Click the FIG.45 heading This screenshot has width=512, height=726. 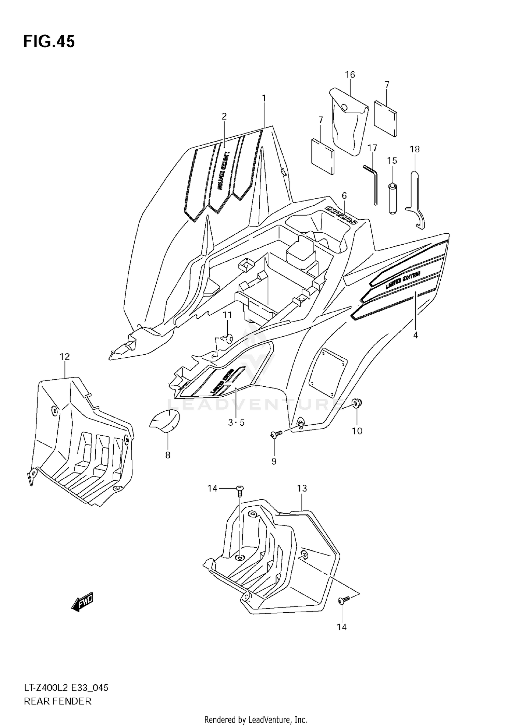(49, 42)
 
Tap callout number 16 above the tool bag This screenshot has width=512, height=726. (350, 74)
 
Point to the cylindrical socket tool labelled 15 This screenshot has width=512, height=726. (393, 198)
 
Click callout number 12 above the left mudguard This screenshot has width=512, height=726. (65, 357)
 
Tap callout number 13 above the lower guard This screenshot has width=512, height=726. (302, 489)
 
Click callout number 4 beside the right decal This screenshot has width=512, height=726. (415, 335)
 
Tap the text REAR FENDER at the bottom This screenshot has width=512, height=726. (58, 702)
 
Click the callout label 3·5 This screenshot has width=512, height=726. (236, 423)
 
